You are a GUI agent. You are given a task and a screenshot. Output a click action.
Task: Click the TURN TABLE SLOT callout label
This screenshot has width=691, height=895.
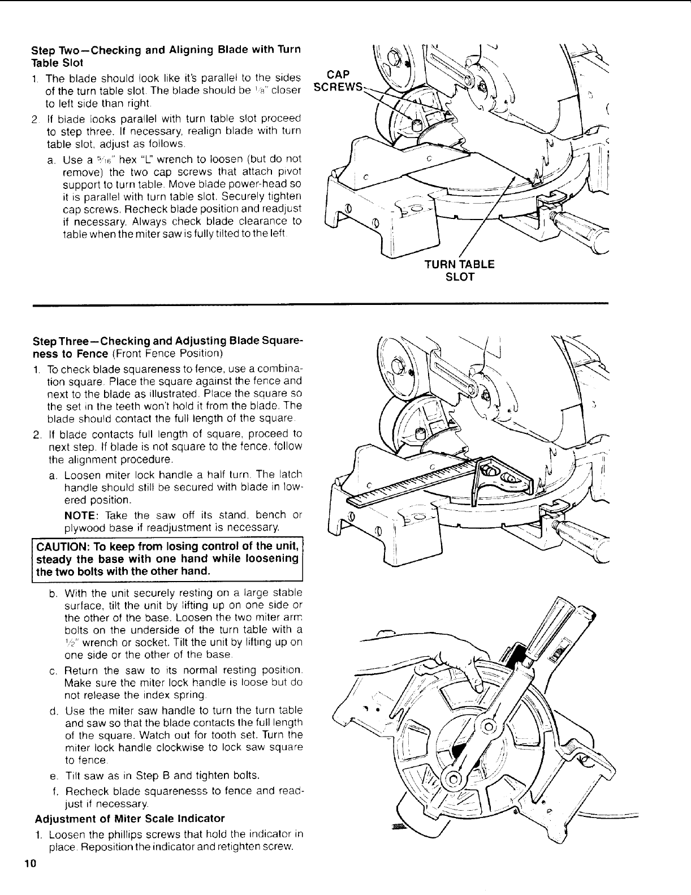tap(459, 270)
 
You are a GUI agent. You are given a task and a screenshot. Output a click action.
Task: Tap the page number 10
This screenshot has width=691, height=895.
tap(29, 863)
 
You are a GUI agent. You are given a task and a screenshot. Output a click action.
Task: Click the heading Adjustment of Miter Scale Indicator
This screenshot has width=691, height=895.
tap(129, 818)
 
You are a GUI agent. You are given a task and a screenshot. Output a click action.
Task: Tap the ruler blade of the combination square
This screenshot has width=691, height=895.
tap(407, 481)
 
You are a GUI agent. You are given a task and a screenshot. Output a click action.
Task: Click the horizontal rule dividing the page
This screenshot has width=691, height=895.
tap(319, 304)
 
